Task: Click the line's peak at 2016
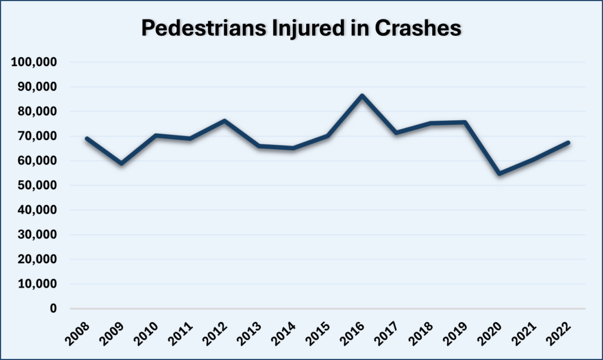362,95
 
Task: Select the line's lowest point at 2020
499,174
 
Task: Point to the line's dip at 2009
122,163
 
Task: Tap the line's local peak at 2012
225,121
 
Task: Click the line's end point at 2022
568,143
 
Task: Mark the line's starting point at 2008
88,138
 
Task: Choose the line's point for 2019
465,122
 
